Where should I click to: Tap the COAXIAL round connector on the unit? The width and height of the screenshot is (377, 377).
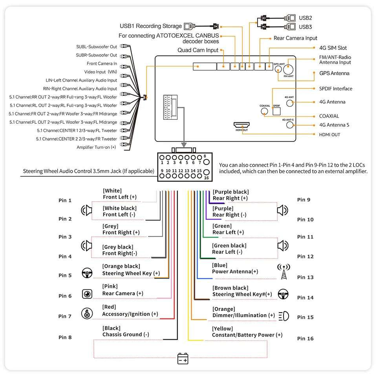(265, 111)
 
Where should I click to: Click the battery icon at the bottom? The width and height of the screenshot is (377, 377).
(183, 359)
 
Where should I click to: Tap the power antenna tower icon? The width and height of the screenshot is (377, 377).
(284, 272)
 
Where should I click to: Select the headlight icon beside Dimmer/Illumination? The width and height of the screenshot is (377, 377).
(284, 316)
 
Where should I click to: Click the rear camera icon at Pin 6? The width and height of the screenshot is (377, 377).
(87, 294)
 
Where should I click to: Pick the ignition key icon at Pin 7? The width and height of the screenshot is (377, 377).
(87, 313)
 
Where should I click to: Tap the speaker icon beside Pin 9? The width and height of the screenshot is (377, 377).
(282, 210)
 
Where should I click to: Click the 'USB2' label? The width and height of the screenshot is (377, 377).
(305, 18)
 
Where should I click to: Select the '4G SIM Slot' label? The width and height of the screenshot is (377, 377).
(333, 48)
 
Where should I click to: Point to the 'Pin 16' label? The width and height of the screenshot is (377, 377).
(305, 339)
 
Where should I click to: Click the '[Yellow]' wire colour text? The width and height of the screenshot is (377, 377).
(223, 329)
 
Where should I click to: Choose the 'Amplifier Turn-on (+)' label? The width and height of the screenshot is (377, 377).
(96, 147)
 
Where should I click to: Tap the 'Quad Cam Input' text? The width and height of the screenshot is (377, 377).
(198, 50)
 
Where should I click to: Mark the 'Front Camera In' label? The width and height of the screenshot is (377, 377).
(102, 64)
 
